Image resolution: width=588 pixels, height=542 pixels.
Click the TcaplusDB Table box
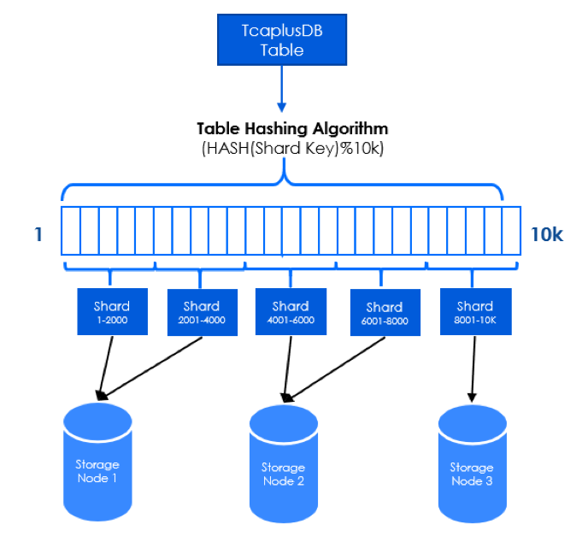click(x=282, y=40)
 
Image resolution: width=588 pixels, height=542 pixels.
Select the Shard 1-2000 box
click(x=113, y=311)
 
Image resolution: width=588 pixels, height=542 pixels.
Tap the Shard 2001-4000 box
click(x=202, y=312)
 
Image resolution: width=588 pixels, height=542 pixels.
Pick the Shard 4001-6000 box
click(x=291, y=311)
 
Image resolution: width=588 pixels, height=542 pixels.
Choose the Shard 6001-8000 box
click(x=385, y=312)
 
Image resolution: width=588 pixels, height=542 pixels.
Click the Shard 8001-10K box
click(x=476, y=311)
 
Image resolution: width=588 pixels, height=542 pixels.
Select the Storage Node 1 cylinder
click(x=97, y=462)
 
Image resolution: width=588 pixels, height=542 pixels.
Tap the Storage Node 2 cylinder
click(x=284, y=464)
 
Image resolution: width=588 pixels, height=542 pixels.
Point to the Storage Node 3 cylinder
click(x=473, y=464)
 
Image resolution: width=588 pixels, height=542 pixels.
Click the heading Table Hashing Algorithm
click(x=292, y=128)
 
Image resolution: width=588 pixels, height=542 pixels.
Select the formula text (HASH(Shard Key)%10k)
click(x=292, y=149)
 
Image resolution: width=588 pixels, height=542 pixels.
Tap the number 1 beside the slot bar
click(x=38, y=234)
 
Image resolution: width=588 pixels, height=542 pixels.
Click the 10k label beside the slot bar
click(x=547, y=235)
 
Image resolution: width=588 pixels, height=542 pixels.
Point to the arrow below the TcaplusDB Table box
click(x=282, y=89)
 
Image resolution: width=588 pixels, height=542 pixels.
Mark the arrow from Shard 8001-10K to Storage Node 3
click(x=473, y=369)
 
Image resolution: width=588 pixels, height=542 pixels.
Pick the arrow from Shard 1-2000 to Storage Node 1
click(x=105, y=368)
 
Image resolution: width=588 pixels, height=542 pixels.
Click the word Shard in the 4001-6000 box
click(x=291, y=306)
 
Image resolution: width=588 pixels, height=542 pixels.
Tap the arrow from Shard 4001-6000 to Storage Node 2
click(x=288, y=369)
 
